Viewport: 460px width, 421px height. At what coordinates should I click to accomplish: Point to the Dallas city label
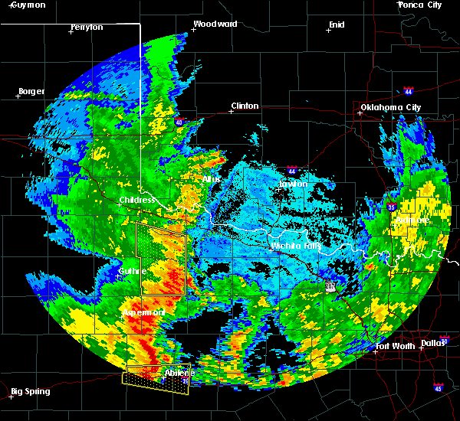(x=433, y=342)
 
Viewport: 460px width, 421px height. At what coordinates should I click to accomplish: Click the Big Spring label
(x=31, y=391)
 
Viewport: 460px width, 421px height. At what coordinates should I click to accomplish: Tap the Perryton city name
(x=87, y=27)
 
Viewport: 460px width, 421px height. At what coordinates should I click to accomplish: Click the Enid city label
(x=337, y=24)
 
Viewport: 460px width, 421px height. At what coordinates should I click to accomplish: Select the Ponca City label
(x=420, y=5)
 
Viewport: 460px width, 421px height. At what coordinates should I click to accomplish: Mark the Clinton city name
(x=245, y=106)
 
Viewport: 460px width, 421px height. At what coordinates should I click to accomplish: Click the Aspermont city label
(x=143, y=312)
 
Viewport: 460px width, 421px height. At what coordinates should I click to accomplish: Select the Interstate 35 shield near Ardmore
(x=392, y=206)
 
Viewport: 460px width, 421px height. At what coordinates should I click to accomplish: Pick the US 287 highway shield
(x=330, y=285)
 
